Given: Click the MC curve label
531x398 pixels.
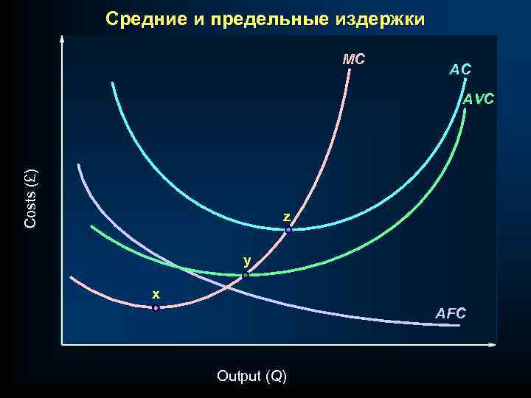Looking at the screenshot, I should pos(354,59).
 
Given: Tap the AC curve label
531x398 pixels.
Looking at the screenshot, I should pos(460,69).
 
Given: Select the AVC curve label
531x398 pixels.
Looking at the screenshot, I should pos(479,99).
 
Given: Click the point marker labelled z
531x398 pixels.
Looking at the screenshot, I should pos(288,230).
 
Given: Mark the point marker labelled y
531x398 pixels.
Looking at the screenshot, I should pos(246,276).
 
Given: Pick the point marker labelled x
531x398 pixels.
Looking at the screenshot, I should pos(156,308).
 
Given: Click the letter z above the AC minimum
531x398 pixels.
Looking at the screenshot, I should pos(286,217).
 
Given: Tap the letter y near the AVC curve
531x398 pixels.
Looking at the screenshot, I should pos(248,260).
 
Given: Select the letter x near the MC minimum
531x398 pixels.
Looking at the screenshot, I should pos(156,294).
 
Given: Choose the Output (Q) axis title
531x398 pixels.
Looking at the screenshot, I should pos(251,376).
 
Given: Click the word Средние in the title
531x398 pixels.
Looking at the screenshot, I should pos(147,18).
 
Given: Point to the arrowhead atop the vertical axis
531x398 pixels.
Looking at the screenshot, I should pos(63,38).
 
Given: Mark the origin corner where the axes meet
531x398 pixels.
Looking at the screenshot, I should pos(63,344).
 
